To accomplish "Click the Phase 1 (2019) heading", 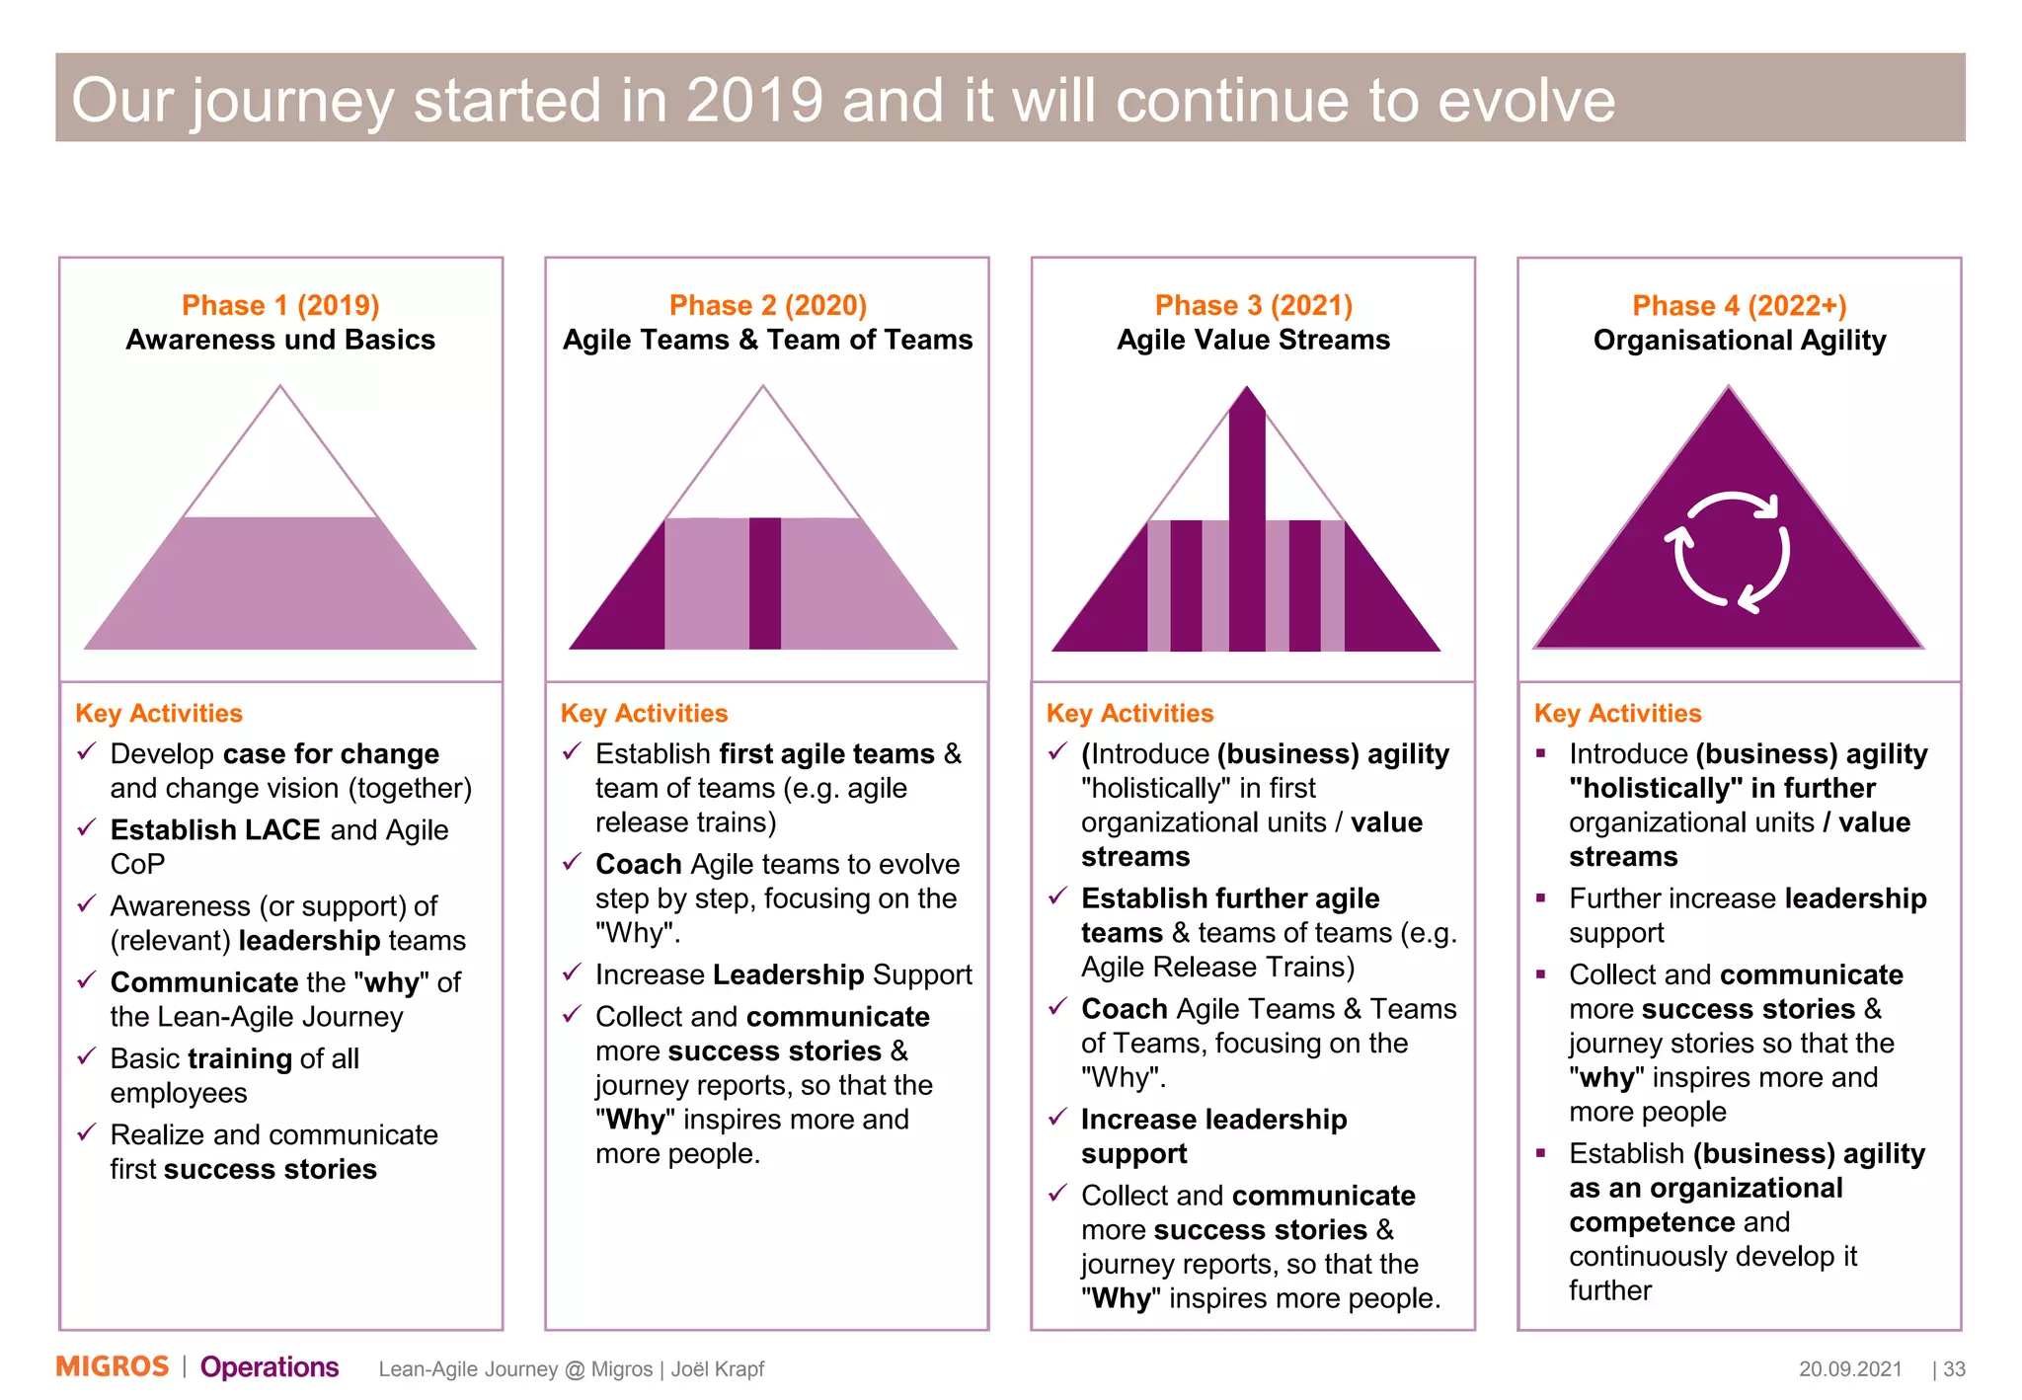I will [280, 305].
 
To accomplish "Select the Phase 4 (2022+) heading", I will [1739, 305].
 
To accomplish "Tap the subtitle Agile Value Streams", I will [1253, 340].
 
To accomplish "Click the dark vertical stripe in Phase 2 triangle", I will [764, 583].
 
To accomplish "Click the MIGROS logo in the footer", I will [113, 1366].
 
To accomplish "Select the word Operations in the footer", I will [270, 1366].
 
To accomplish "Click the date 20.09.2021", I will [1849, 1368].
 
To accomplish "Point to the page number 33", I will [1954, 1368].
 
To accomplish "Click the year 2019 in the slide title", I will [754, 100].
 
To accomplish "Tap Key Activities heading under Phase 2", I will [644, 713].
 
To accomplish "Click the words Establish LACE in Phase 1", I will [215, 829].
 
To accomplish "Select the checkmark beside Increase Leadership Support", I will [572, 973].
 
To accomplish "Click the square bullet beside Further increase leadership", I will [1541, 897].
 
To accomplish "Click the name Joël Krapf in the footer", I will [718, 1368].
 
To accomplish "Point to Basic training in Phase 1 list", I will [200, 1058].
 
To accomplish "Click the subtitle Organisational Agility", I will [1739, 341].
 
